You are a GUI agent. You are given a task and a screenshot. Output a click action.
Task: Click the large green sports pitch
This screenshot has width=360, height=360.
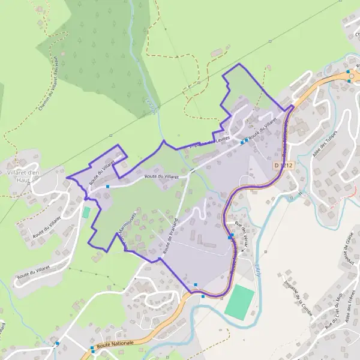click(x=239, y=302)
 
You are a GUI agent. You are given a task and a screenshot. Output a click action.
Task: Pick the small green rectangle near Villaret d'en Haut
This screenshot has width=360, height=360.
click(x=86, y=212)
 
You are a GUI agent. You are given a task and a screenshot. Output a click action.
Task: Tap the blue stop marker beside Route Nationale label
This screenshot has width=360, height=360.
click(x=92, y=348)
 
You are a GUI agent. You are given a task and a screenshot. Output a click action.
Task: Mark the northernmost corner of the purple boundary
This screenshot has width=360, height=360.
click(x=239, y=64)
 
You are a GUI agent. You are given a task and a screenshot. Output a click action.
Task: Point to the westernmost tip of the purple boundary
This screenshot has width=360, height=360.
click(x=67, y=178)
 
